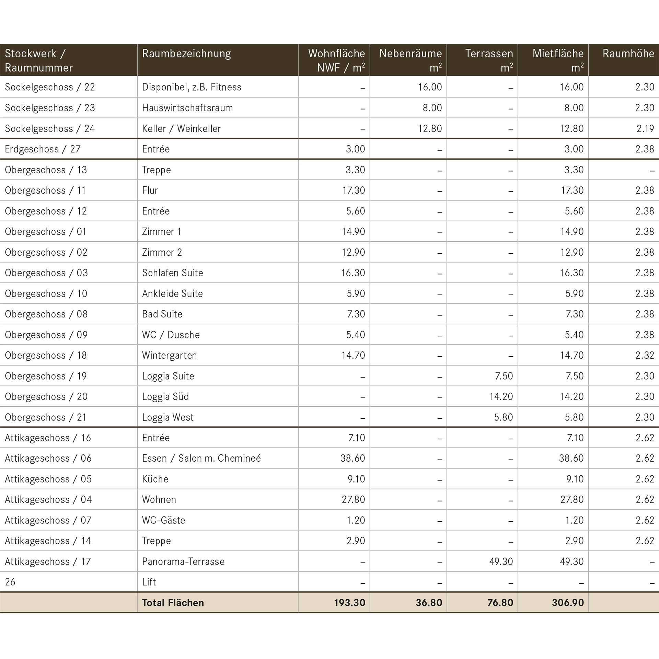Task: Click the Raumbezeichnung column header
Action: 186,54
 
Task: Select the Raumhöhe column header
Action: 628,53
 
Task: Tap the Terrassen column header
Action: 489,60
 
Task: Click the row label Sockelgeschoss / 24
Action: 50,128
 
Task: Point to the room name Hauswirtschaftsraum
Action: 187,108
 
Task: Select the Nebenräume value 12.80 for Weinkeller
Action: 430,128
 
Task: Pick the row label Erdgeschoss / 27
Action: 43,149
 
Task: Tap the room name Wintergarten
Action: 170,355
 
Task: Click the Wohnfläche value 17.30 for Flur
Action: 354,190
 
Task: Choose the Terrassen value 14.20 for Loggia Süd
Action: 501,396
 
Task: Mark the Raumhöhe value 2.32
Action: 645,355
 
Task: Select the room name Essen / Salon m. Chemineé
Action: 201,458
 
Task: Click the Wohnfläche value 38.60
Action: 353,458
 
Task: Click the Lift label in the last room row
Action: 149,582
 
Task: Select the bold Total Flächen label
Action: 173,603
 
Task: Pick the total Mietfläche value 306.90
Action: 568,603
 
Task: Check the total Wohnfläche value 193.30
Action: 350,603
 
